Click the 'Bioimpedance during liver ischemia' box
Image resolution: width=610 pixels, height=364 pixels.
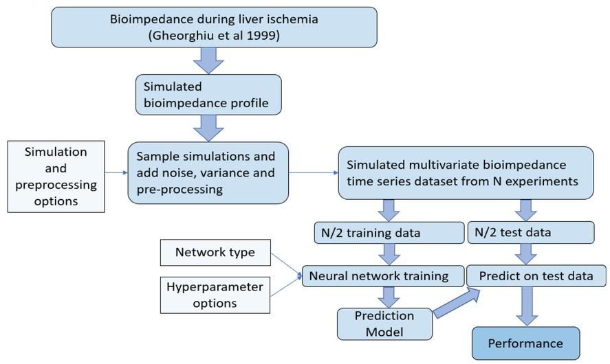214,27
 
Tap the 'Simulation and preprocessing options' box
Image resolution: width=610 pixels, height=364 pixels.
56,176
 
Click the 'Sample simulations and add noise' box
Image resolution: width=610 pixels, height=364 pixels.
207,173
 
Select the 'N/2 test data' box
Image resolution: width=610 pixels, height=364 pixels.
530,232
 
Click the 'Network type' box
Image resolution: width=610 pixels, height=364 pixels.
215,252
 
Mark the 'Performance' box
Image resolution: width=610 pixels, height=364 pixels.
525,343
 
